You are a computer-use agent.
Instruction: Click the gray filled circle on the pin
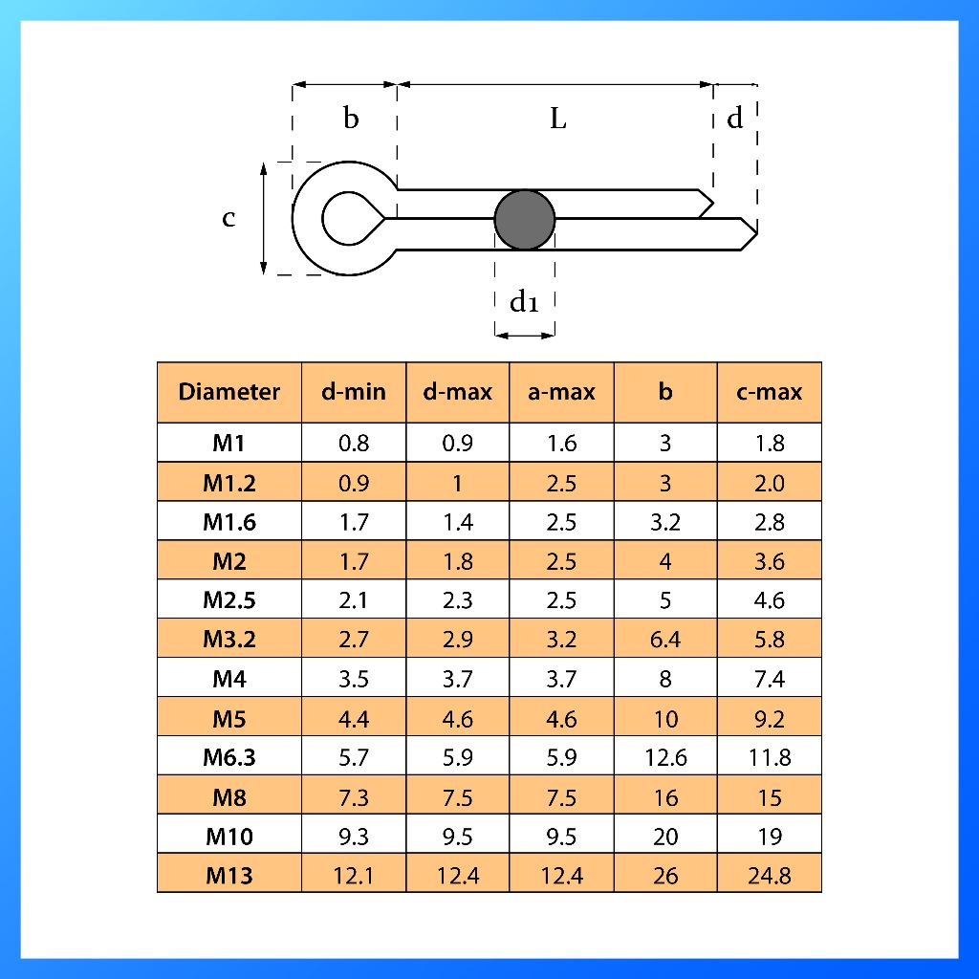pos(525,220)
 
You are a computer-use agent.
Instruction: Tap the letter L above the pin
pos(558,118)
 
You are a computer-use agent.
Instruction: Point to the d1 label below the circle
pos(524,301)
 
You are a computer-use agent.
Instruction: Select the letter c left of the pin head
pos(229,218)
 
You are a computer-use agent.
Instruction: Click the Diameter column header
pos(229,391)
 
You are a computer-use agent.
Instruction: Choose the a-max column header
pos(561,391)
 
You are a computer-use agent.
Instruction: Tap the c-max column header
pos(770,391)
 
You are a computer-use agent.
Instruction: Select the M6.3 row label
pos(229,757)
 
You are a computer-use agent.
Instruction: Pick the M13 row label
pos(229,876)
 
